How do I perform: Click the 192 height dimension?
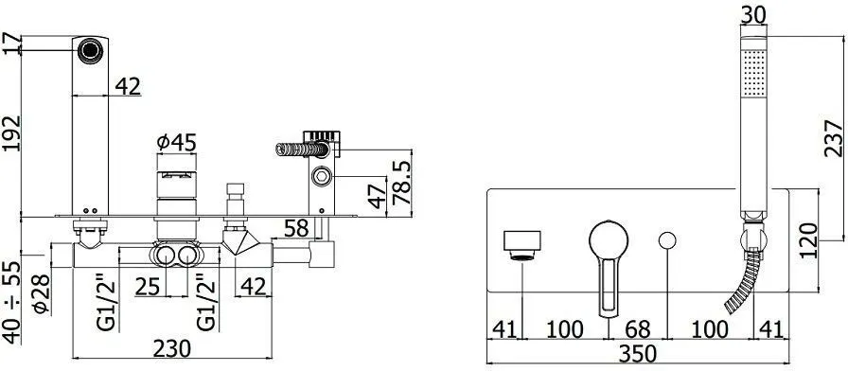point(11,133)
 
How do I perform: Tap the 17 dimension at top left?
point(10,44)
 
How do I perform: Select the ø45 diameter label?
point(176,143)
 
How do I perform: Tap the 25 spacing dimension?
point(148,287)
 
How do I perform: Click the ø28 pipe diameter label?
point(42,294)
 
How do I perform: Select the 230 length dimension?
point(171,349)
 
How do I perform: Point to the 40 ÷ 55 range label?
point(11,302)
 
